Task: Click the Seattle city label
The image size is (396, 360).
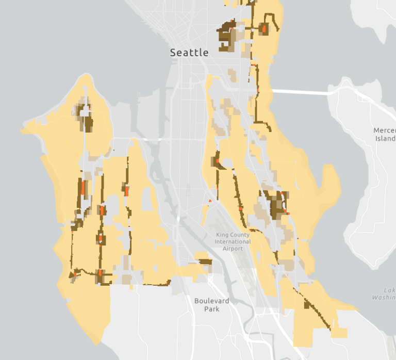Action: click(x=189, y=53)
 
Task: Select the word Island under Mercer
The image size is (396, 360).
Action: click(x=385, y=138)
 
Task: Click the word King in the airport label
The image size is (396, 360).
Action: click(x=225, y=235)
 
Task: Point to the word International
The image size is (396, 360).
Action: click(x=233, y=242)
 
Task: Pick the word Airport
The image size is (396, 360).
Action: click(x=233, y=249)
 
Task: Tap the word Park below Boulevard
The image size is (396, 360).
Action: click(x=211, y=309)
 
